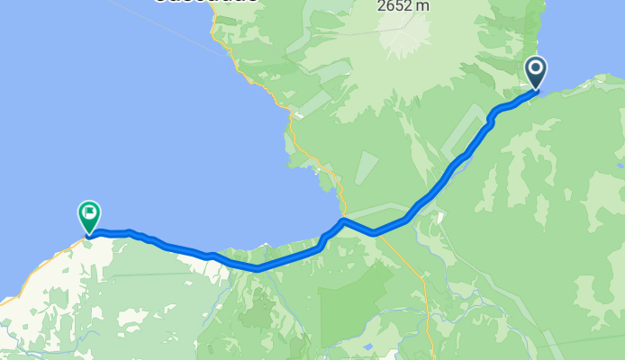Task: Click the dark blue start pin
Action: tap(536, 71)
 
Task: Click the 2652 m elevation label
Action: tap(403, 5)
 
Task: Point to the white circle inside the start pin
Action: tap(536, 67)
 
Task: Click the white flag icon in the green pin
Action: tap(88, 213)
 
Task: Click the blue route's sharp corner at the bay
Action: tap(343, 220)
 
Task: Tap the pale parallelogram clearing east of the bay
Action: tap(367, 167)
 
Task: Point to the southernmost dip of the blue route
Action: tap(258, 268)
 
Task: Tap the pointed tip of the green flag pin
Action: tap(88, 236)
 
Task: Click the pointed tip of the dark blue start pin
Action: tap(536, 89)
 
